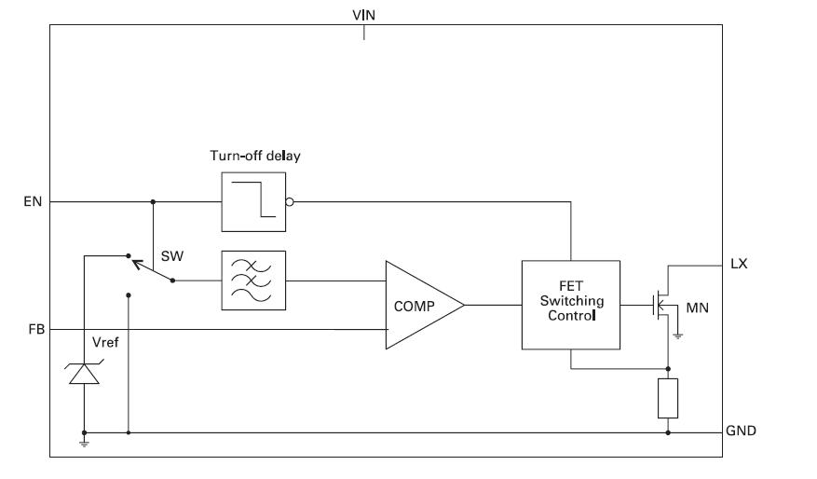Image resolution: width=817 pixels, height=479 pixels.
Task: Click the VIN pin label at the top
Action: click(x=363, y=14)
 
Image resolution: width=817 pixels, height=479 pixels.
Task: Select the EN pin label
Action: click(x=33, y=201)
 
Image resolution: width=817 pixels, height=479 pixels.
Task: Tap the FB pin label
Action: click(x=33, y=329)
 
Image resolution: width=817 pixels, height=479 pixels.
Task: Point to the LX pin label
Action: click(x=739, y=265)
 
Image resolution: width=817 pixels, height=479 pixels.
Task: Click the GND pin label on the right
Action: click(x=742, y=431)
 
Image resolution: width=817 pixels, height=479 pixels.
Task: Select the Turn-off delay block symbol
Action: click(x=253, y=200)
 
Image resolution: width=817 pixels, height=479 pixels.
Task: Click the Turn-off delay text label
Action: click(x=254, y=156)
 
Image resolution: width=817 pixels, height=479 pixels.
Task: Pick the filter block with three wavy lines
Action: click(x=253, y=280)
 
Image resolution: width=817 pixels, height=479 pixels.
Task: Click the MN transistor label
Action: click(x=699, y=307)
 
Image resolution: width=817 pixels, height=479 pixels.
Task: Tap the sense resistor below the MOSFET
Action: click(x=668, y=398)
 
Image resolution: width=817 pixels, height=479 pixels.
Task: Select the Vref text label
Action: click(x=105, y=342)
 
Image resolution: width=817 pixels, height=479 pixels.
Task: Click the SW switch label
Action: click(x=171, y=255)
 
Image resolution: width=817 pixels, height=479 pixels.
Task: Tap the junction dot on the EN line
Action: click(x=153, y=201)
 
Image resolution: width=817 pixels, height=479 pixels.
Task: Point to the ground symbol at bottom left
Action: click(x=84, y=442)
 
